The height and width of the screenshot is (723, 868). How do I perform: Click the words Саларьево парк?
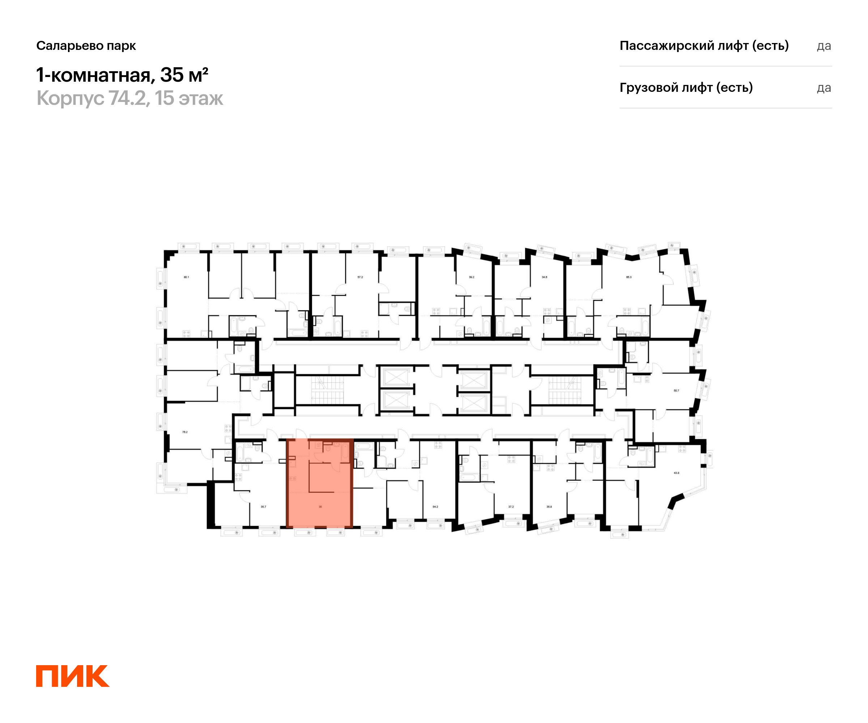coord(86,46)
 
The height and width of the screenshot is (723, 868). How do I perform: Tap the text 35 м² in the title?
coord(184,75)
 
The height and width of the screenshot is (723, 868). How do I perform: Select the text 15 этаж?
coord(189,98)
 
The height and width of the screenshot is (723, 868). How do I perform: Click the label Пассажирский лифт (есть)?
coord(704,46)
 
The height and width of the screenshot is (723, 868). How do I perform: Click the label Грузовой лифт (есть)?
coord(686,87)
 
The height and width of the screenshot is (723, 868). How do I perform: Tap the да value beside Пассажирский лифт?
coord(824,46)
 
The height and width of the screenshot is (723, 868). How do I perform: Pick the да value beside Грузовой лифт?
coord(824,88)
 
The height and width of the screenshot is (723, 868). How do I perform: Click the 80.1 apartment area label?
coord(186,277)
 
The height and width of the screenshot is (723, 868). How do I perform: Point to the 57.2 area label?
coord(360,277)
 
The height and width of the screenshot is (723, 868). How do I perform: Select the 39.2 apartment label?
coord(471,277)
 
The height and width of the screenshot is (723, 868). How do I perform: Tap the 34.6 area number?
coord(544,277)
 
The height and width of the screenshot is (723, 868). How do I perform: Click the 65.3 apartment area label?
coord(629,277)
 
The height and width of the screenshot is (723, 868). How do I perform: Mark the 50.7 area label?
coord(676,390)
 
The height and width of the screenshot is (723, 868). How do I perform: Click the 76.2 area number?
coord(185,432)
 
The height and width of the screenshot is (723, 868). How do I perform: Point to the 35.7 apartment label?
coord(263,506)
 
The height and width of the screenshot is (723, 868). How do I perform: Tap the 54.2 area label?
coord(435,506)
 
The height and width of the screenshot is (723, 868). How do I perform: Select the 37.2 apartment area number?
coord(511,506)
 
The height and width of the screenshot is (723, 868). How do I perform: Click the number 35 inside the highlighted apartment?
coord(320,506)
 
